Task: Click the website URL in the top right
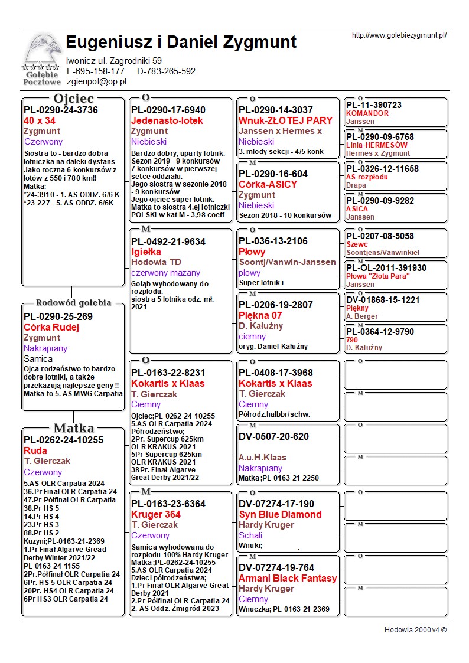[399, 35]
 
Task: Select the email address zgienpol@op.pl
[97, 82]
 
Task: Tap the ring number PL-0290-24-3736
[61, 110]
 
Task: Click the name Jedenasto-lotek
[167, 120]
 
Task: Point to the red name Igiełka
[146, 252]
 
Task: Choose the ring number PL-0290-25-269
[58, 316]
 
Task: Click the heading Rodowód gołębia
[74, 303]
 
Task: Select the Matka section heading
[73, 428]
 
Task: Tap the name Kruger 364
[156, 514]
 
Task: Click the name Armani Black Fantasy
[288, 578]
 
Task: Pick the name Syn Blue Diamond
[280, 514]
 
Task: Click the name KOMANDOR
[367, 113]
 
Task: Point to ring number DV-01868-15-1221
[383, 300]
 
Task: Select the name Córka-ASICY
[268, 184]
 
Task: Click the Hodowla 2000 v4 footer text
[415, 629]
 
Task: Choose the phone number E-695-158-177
[96, 71]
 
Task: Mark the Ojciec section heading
[73, 98]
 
